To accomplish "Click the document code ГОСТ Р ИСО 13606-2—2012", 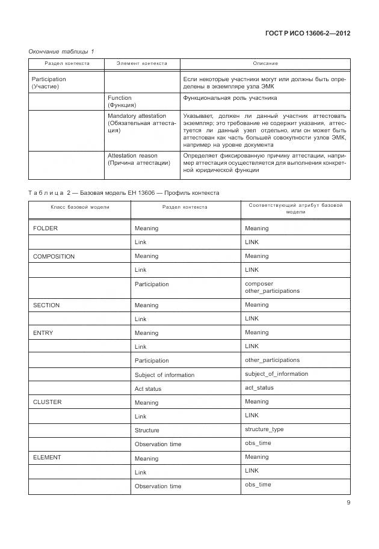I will pyautogui.click(x=307, y=33).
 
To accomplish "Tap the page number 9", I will pyautogui.click(x=348, y=503).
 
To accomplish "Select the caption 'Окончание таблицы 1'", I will pyautogui.click(x=61, y=52).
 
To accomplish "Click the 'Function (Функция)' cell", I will pyautogui.click(x=120, y=101).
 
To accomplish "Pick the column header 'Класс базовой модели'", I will pyautogui.click(x=79, y=207).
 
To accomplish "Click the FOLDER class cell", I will pyautogui.click(x=46, y=228).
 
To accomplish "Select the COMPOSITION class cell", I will pyautogui.click(x=54, y=256).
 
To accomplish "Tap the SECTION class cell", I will pyautogui.click(x=46, y=305).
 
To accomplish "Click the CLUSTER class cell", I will pyautogui.click(x=48, y=402).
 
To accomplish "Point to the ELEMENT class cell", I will pyautogui.click(x=47, y=458).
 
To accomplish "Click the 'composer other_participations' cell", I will pyautogui.click(x=272, y=287).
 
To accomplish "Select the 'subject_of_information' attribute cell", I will pyautogui.click(x=276, y=374).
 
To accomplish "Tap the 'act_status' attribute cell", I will pyautogui.click(x=259, y=388).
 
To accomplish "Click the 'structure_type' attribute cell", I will pyautogui.click(x=264, y=429).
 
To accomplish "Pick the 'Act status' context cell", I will pyautogui.click(x=148, y=388).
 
